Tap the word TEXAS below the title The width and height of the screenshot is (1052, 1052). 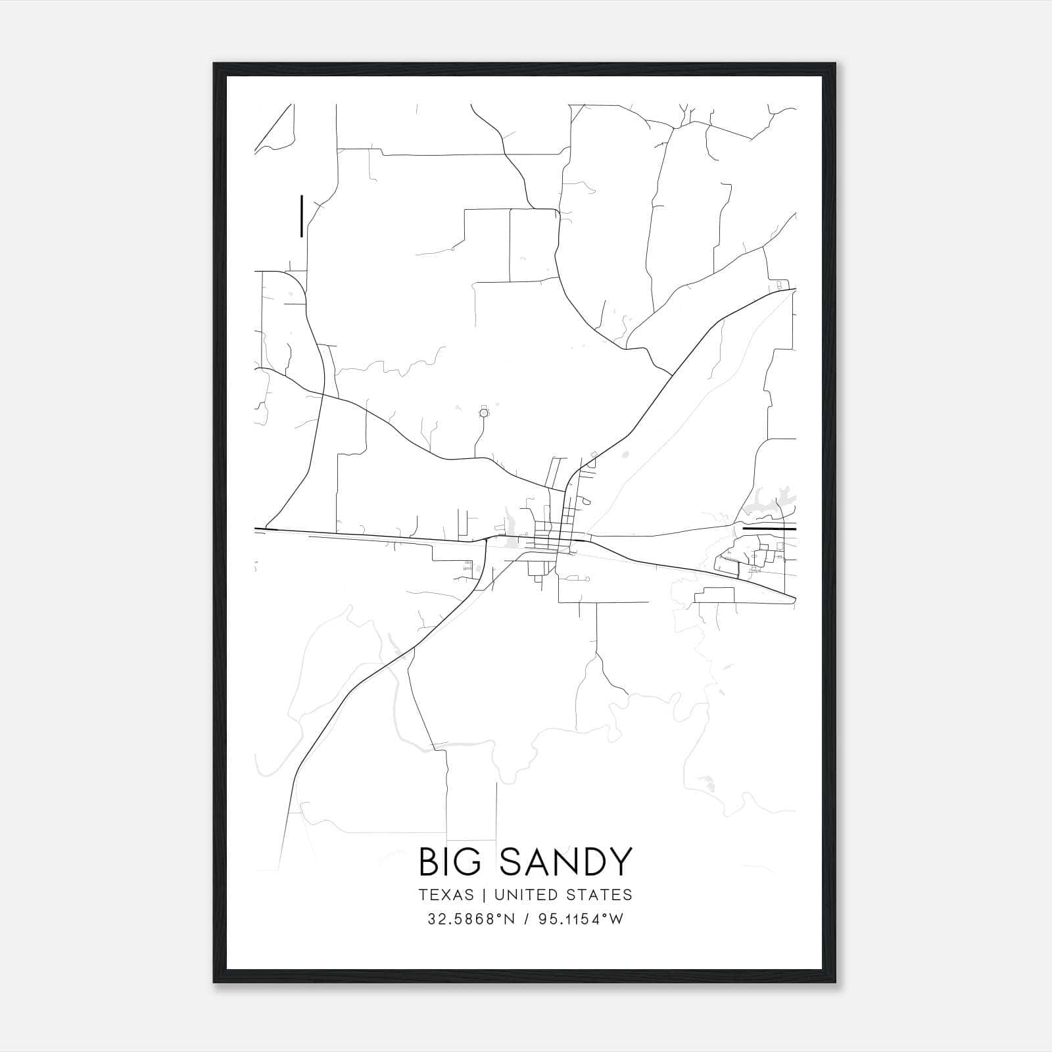click(x=445, y=895)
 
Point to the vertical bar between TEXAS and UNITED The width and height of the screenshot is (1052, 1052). click(x=483, y=895)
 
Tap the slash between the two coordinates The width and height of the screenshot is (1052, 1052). click(x=526, y=919)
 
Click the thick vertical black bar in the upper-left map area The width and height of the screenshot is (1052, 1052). click(x=301, y=216)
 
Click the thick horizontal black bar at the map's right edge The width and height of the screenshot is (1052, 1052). click(x=769, y=528)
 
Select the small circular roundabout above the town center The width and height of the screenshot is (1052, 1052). click(x=485, y=413)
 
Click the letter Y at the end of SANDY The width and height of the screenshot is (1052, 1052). click(x=621, y=862)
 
